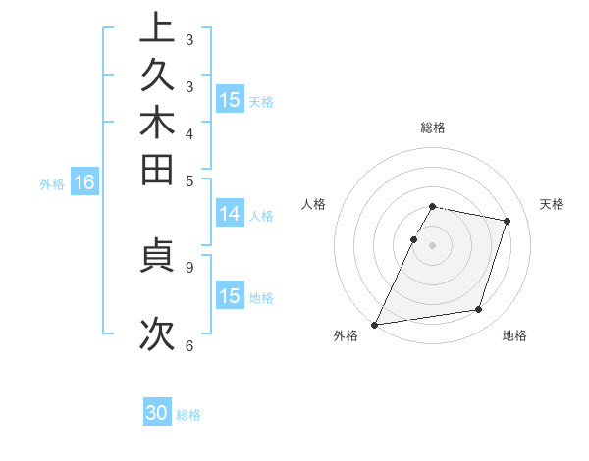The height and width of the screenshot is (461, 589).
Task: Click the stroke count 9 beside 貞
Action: pos(188,266)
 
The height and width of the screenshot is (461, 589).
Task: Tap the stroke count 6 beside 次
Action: pos(188,345)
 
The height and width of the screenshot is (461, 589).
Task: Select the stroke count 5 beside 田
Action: pos(188,180)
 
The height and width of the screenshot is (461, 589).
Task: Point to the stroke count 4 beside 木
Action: pos(188,133)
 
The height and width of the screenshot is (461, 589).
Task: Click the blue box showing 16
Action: pos(84,182)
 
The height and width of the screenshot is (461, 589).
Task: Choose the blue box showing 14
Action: pos(230,215)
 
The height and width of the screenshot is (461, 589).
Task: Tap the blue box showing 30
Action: pos(157,413)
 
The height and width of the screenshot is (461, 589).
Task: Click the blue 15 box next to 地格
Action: pos(230,296)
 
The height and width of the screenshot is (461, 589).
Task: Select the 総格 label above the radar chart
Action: pos(432,128)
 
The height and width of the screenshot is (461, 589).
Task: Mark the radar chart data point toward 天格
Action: pos(507,222)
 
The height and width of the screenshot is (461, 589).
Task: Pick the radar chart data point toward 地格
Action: pos(478,310)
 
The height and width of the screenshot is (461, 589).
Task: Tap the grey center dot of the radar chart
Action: pos(432,244)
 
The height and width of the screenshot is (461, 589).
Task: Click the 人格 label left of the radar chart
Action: pos(314,204)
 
